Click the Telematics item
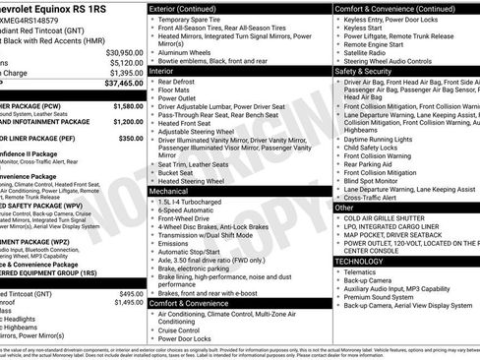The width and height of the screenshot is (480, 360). [x=366, y=272]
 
